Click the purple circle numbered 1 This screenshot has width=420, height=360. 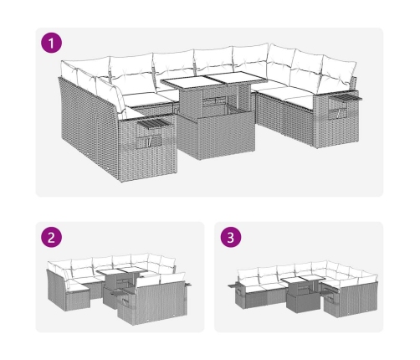pos(52,43)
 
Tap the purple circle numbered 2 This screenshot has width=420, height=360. pos(52,237)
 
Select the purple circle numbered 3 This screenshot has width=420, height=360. pos(231,237)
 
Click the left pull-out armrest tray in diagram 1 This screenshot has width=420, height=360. pos(153,123)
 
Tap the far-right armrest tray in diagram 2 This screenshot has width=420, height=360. pos(188,284)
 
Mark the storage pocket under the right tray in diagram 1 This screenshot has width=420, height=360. pos(338,112)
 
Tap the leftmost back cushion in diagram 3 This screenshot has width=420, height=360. pos(248,276)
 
